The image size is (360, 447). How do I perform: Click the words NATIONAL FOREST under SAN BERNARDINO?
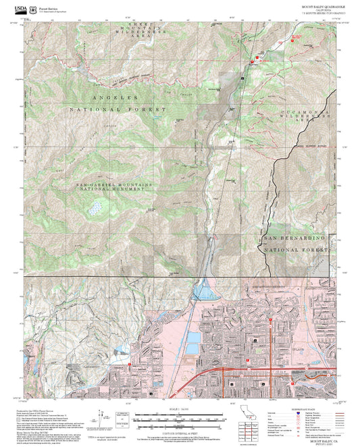click(294, 250)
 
